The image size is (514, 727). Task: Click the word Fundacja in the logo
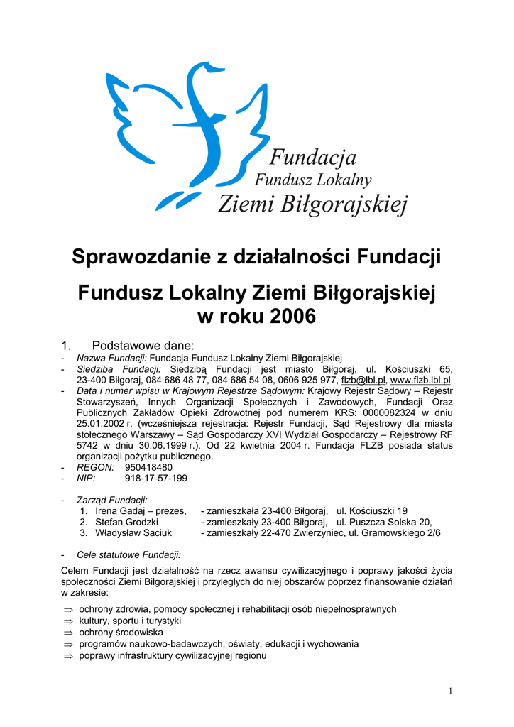click(x=314, y=157)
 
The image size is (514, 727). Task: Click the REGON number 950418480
click(x=148, y=468)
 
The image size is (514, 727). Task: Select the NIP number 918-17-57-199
click(x=156, y=479)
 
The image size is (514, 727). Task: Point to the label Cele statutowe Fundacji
click(x=128, y=554)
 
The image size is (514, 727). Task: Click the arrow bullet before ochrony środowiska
click(x=68, y=633)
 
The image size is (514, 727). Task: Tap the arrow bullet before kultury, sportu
click(x=68, y=621)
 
